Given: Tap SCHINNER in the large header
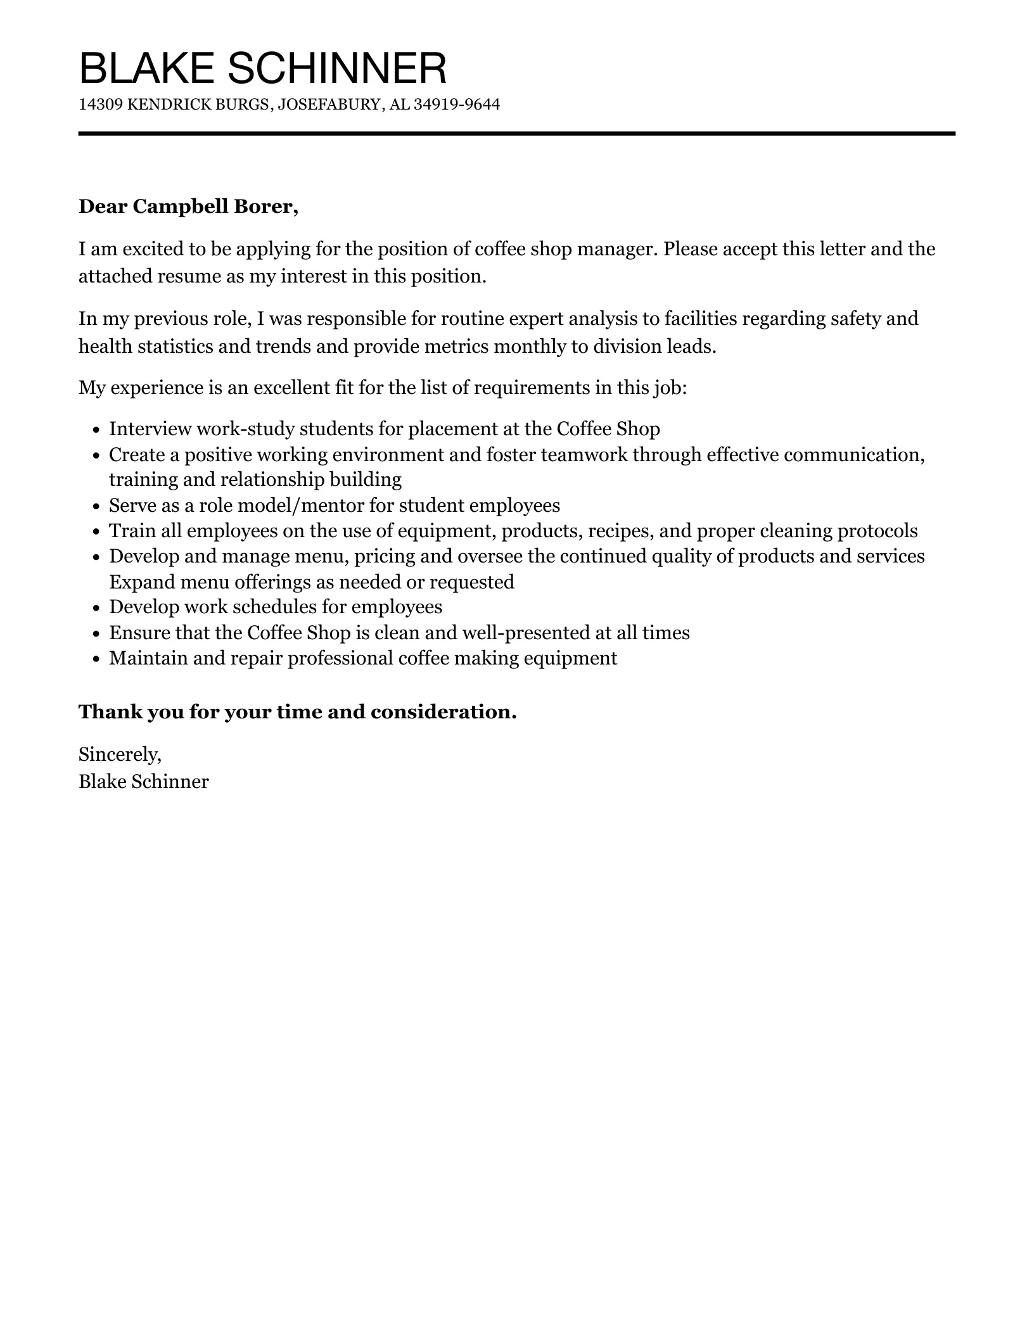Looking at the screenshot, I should (336, 68).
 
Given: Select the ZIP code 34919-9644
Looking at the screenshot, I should (456, 105).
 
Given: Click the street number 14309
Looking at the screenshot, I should (100, 105).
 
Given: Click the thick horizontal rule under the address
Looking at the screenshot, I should (516, 134).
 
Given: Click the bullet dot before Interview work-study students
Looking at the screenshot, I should (96, 430).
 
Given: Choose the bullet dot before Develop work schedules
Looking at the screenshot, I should (96, 608).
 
